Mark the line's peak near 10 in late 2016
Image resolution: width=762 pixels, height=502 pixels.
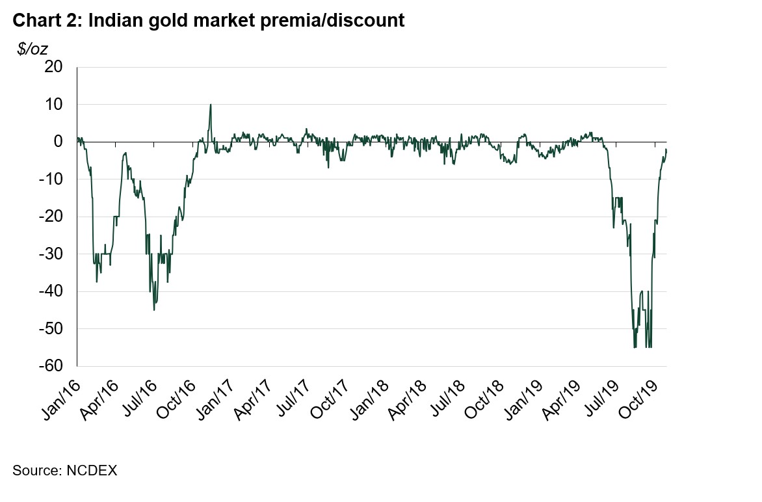(x=210, y=105)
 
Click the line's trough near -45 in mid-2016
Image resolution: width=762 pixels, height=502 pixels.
(x=154, y=310)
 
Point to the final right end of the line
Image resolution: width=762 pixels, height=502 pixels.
(x=666, y=150)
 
